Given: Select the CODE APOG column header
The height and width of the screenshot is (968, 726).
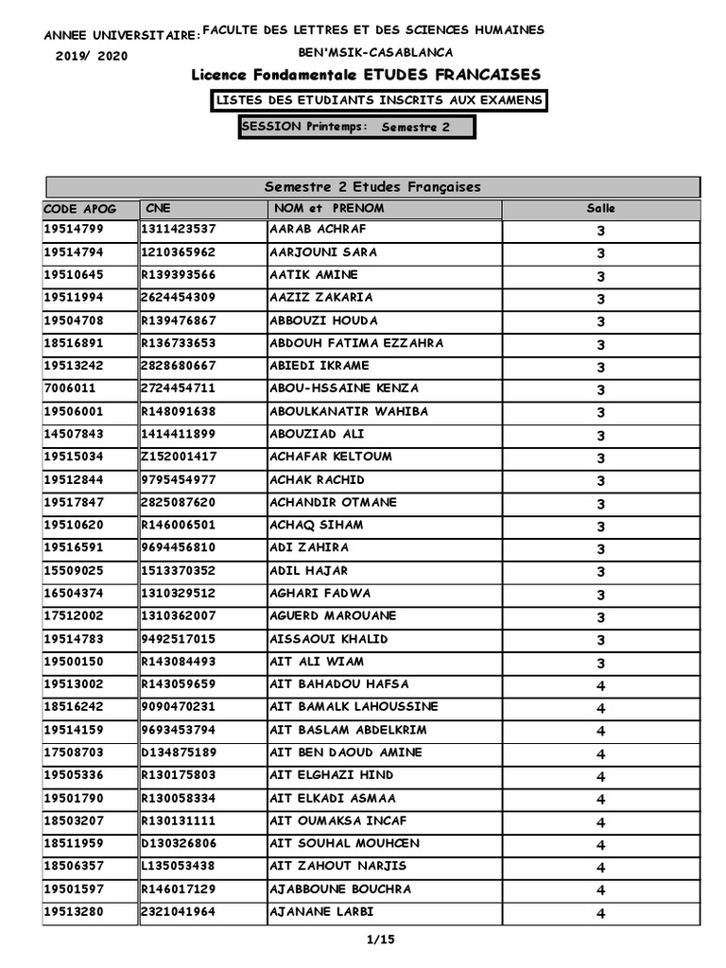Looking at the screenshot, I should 78,209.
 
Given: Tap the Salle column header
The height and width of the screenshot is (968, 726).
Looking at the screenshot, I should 600,209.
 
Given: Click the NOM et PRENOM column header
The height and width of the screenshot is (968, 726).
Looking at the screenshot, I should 327,209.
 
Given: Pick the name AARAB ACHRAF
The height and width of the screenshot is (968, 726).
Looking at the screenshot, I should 319,230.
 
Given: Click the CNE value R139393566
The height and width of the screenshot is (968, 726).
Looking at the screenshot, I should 179,275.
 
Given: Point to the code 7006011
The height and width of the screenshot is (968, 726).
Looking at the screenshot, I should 70,389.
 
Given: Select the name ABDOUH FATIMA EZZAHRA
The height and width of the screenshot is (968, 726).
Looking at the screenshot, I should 356,343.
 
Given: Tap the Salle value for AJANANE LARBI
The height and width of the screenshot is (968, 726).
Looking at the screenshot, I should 600,913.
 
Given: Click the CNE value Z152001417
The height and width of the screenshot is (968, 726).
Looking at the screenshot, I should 179,457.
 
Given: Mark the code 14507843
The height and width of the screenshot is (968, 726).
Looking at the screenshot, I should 74,434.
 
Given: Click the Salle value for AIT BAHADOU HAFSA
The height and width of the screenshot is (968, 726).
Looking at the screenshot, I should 600,685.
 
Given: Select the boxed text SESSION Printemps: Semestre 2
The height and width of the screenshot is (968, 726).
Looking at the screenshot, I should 356,128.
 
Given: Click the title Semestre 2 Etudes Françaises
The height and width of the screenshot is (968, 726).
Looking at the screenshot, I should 373,187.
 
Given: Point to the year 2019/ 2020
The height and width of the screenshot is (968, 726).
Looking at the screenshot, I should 92,56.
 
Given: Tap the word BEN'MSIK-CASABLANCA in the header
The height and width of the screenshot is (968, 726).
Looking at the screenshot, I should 375,53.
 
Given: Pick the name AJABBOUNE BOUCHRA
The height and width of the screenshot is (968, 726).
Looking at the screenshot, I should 340,890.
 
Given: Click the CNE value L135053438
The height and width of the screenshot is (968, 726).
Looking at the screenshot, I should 179,867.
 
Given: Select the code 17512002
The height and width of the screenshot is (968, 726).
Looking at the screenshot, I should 74,616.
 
